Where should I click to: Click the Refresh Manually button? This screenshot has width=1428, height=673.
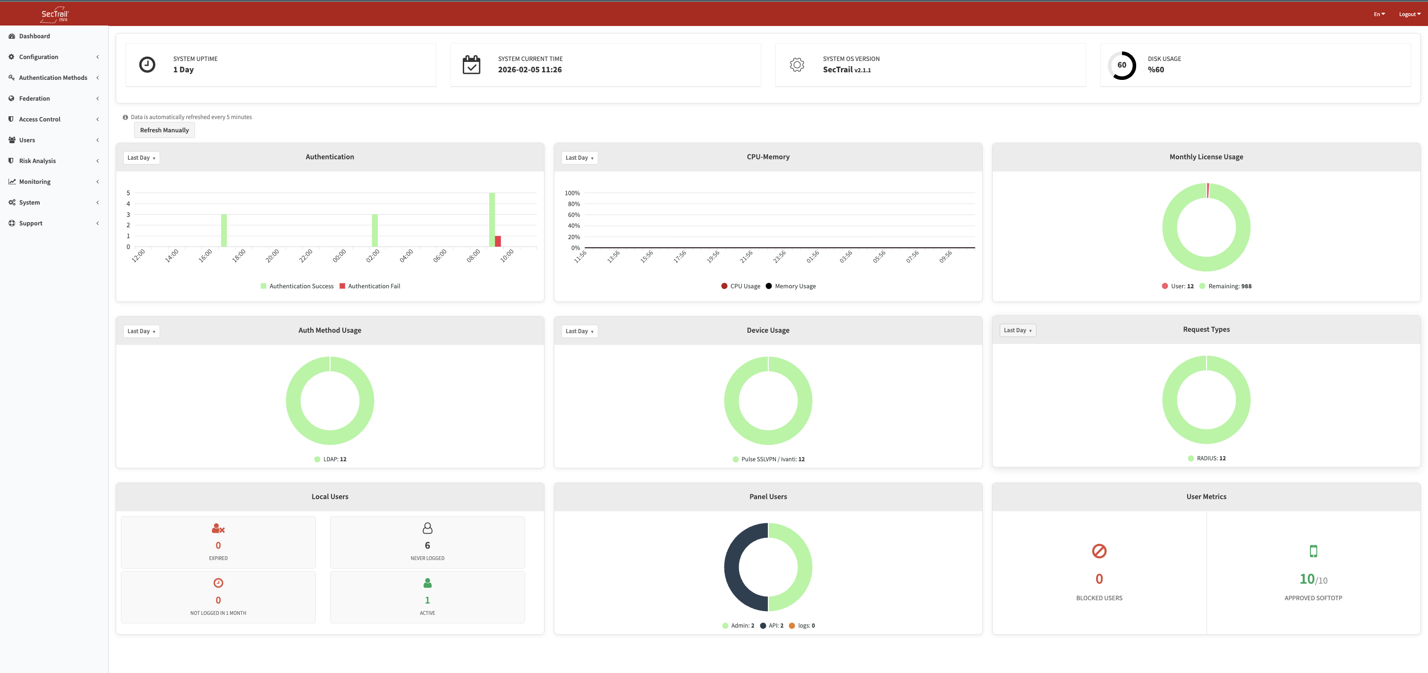tap(164, 130)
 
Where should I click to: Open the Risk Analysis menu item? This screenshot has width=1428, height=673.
tap(37, 161)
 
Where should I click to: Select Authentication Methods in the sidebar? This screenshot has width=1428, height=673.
tap(53, 78)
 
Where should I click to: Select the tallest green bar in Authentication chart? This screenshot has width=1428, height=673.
tap(492, 219)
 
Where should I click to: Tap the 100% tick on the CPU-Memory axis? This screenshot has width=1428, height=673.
tap(572, 193)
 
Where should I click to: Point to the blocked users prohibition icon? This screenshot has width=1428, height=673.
tap(1099, 551)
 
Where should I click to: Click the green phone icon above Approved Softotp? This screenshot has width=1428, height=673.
tap(1313, 551)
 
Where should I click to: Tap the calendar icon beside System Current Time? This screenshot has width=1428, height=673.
tap(471, 65)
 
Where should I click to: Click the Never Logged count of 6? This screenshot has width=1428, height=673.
tap(427, 545)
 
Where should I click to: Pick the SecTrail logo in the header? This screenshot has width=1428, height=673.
tap(54, 15)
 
